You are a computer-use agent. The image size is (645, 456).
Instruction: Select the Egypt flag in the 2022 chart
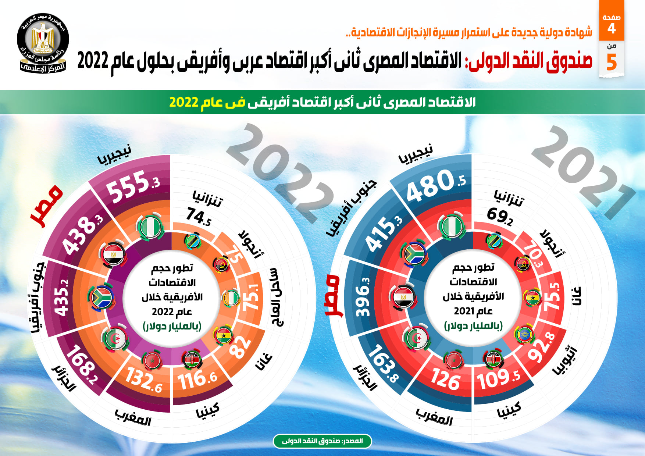coord(113,254)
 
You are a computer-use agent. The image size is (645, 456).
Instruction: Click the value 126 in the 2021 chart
coord(446,380)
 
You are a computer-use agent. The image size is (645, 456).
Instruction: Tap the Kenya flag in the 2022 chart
coord(192,360)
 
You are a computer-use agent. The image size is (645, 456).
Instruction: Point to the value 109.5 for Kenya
coord(498,379)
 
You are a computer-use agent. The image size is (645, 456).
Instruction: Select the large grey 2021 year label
coord(583,171)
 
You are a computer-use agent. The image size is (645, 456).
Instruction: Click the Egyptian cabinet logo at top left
coord(43,43)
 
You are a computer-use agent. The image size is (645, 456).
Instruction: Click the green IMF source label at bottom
coord(322,441)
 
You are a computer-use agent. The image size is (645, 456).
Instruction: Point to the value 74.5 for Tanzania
coord(199,217)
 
